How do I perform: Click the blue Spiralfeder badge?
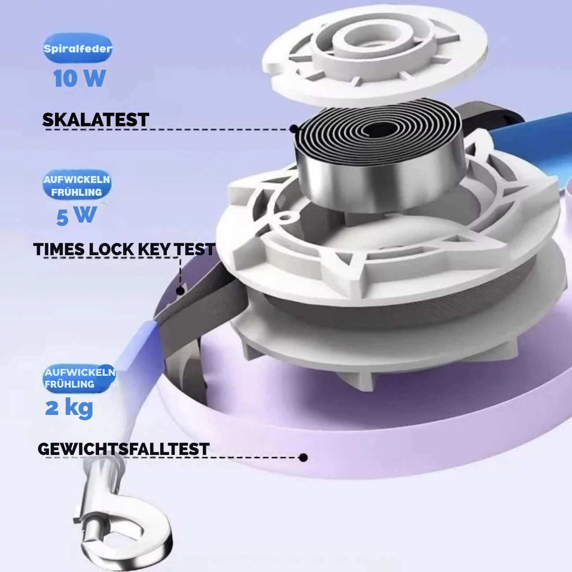click(78, 48)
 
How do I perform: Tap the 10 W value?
click(80, 79)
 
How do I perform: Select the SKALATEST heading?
click(95, 120)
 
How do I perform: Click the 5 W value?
click(77, 216)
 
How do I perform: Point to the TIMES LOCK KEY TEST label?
click(124, 249)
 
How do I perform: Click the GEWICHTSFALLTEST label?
click(124, 449)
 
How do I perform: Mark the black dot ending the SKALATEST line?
click(294, 129)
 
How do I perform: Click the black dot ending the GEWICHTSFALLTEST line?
click(303, 458)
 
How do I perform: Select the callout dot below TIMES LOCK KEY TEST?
click(180, 290)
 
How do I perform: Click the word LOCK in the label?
click(111, 249)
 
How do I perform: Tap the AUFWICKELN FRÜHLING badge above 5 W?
click(77, 186)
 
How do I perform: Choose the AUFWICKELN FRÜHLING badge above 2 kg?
click(79, 378)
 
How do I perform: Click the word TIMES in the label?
click(59, 249)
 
